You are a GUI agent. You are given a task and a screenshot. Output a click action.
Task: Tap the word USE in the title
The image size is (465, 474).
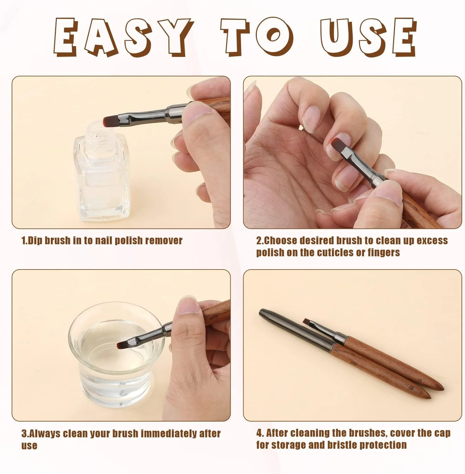[368, 37]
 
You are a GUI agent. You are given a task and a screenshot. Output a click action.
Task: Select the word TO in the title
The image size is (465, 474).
[257, 37]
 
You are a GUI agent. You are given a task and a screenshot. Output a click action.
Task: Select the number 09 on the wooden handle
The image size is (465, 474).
[419, 380]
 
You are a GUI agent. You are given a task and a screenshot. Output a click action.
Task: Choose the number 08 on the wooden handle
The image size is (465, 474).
[411, 387]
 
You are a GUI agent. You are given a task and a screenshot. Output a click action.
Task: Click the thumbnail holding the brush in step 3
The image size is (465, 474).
[188, 306]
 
